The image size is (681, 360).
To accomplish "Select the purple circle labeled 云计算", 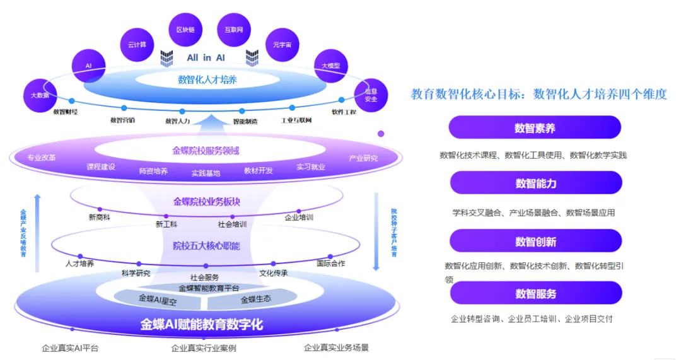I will click(137, 45).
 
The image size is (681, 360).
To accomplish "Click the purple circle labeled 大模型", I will click(331, 66).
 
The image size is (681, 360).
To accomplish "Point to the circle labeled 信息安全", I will click(370, 95).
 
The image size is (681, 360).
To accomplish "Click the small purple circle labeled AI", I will click(88, 66).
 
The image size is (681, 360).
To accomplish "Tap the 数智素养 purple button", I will click(535, 127).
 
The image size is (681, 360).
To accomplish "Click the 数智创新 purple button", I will click(535, 241).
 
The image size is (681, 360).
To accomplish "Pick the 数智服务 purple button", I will click(535, 293).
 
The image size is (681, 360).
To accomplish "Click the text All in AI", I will click(206, 57).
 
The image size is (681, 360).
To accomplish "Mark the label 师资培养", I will click(153, 171).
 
